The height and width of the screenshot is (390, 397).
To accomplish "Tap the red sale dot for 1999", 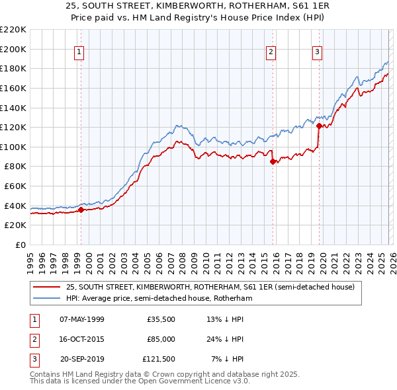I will (81, 210).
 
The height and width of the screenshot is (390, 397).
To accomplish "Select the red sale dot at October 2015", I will (273, 162).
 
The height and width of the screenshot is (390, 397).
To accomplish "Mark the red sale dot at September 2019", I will (319, 126).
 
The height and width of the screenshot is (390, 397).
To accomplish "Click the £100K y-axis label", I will (13, 147).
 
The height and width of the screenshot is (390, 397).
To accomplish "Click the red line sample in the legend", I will (46, 287).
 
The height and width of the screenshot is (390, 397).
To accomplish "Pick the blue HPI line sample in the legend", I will (46, 298).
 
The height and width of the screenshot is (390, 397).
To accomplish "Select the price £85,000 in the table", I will (161, 339).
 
